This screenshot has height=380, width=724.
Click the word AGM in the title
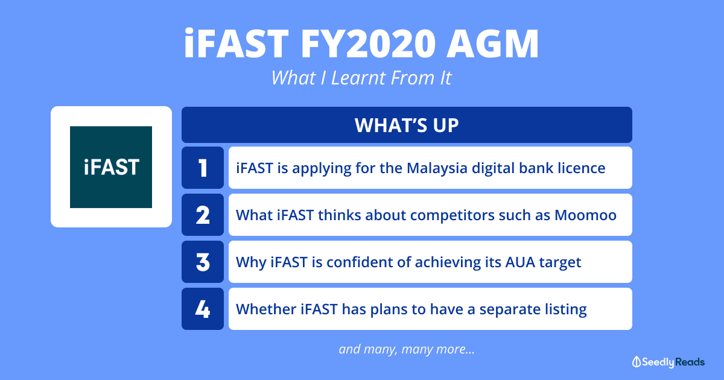coord(492,43)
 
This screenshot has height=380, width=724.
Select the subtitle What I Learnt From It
coord(361,78)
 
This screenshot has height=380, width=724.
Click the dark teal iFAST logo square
coord(111,167)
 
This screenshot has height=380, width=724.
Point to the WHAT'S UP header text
coord(407,125)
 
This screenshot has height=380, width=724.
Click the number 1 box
coord(203,168)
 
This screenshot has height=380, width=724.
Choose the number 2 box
coord(203,215)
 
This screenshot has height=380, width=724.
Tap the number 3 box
coord(203,262)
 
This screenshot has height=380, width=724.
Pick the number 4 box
coord(203,309)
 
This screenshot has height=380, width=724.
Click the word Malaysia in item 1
coord(437,169)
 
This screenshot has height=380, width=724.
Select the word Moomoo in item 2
coord(586,215)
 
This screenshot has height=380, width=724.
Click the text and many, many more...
coord(407,349)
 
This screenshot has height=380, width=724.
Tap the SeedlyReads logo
coord(668,362)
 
